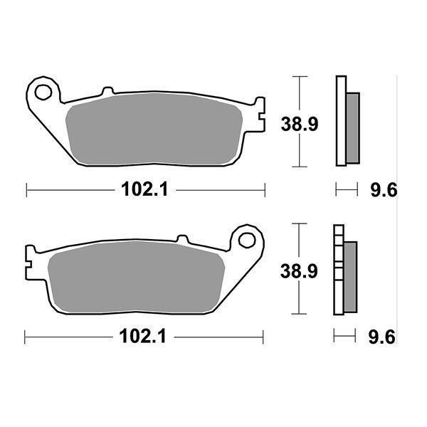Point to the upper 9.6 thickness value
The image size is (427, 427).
point(383,190)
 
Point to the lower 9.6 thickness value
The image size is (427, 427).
point(383,337)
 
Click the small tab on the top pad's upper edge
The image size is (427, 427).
point(107,92)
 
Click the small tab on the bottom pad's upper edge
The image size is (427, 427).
point(181,240)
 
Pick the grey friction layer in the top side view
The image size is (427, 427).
point(353,128)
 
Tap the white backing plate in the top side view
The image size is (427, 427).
point(340,121)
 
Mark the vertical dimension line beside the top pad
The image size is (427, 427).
point(302,121)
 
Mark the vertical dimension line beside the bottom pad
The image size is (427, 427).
point(302,269)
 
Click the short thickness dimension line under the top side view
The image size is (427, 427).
point(345,189)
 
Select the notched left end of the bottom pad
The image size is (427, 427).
point(30,259)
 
